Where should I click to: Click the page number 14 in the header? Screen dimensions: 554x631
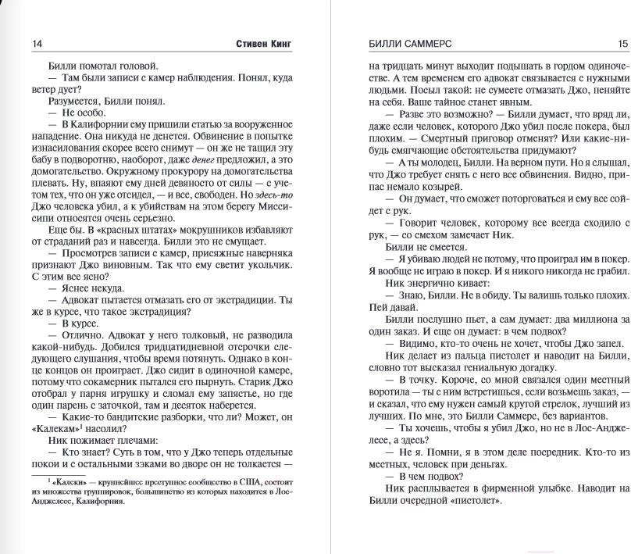(37, 44)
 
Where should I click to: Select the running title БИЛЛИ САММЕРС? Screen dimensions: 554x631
(409, 44)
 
